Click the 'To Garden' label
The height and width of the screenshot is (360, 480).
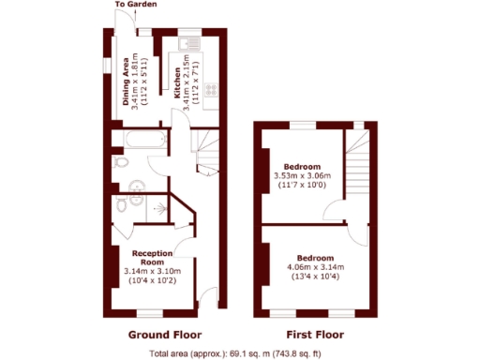point(136,5)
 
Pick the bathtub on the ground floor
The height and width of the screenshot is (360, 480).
point(140,141)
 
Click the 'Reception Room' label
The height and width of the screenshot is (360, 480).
point(152,258)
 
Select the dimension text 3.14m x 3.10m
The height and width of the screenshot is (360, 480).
point(152,272)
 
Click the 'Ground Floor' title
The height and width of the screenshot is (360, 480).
point(164,334)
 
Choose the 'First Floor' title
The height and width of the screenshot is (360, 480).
point(313,334)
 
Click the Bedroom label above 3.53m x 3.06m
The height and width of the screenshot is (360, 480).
point(303,167)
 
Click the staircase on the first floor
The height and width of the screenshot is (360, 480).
point(356,169)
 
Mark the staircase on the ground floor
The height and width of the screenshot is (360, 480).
point(207,150)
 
